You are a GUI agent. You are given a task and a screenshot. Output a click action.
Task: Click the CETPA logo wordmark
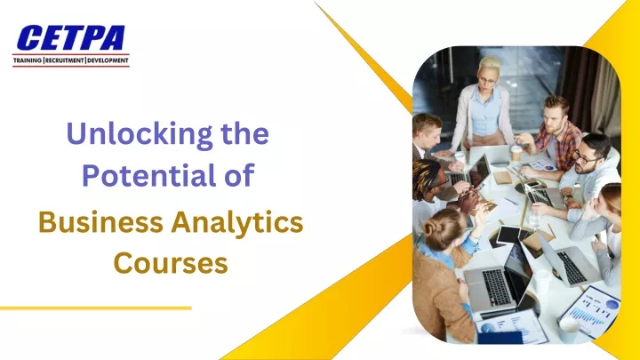coord(70,38)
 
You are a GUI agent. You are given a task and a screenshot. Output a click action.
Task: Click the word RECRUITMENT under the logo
coord(64,60)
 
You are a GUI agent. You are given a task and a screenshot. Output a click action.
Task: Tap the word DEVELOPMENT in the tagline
coord(108,60)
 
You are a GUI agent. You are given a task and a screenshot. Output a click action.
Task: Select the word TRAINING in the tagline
coord(28,60)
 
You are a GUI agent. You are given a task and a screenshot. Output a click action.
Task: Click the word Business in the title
coord(100,223)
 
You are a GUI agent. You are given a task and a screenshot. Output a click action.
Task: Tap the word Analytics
coord(237,224)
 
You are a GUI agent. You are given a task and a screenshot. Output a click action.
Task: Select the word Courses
coord(171,263)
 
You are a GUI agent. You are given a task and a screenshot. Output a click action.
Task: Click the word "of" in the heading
coord(239,175)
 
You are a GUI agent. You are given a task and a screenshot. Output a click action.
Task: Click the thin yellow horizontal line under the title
coord(95,308)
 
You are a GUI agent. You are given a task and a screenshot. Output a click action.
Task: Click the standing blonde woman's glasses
coord(487,80)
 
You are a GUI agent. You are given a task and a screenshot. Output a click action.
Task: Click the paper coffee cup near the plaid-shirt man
coord(516,154)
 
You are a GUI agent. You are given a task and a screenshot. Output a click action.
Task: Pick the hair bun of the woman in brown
coord(430,228)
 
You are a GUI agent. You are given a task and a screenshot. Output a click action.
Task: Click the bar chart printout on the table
coord(590,311)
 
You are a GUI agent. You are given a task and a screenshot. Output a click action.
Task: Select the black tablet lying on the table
coord(508,235)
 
